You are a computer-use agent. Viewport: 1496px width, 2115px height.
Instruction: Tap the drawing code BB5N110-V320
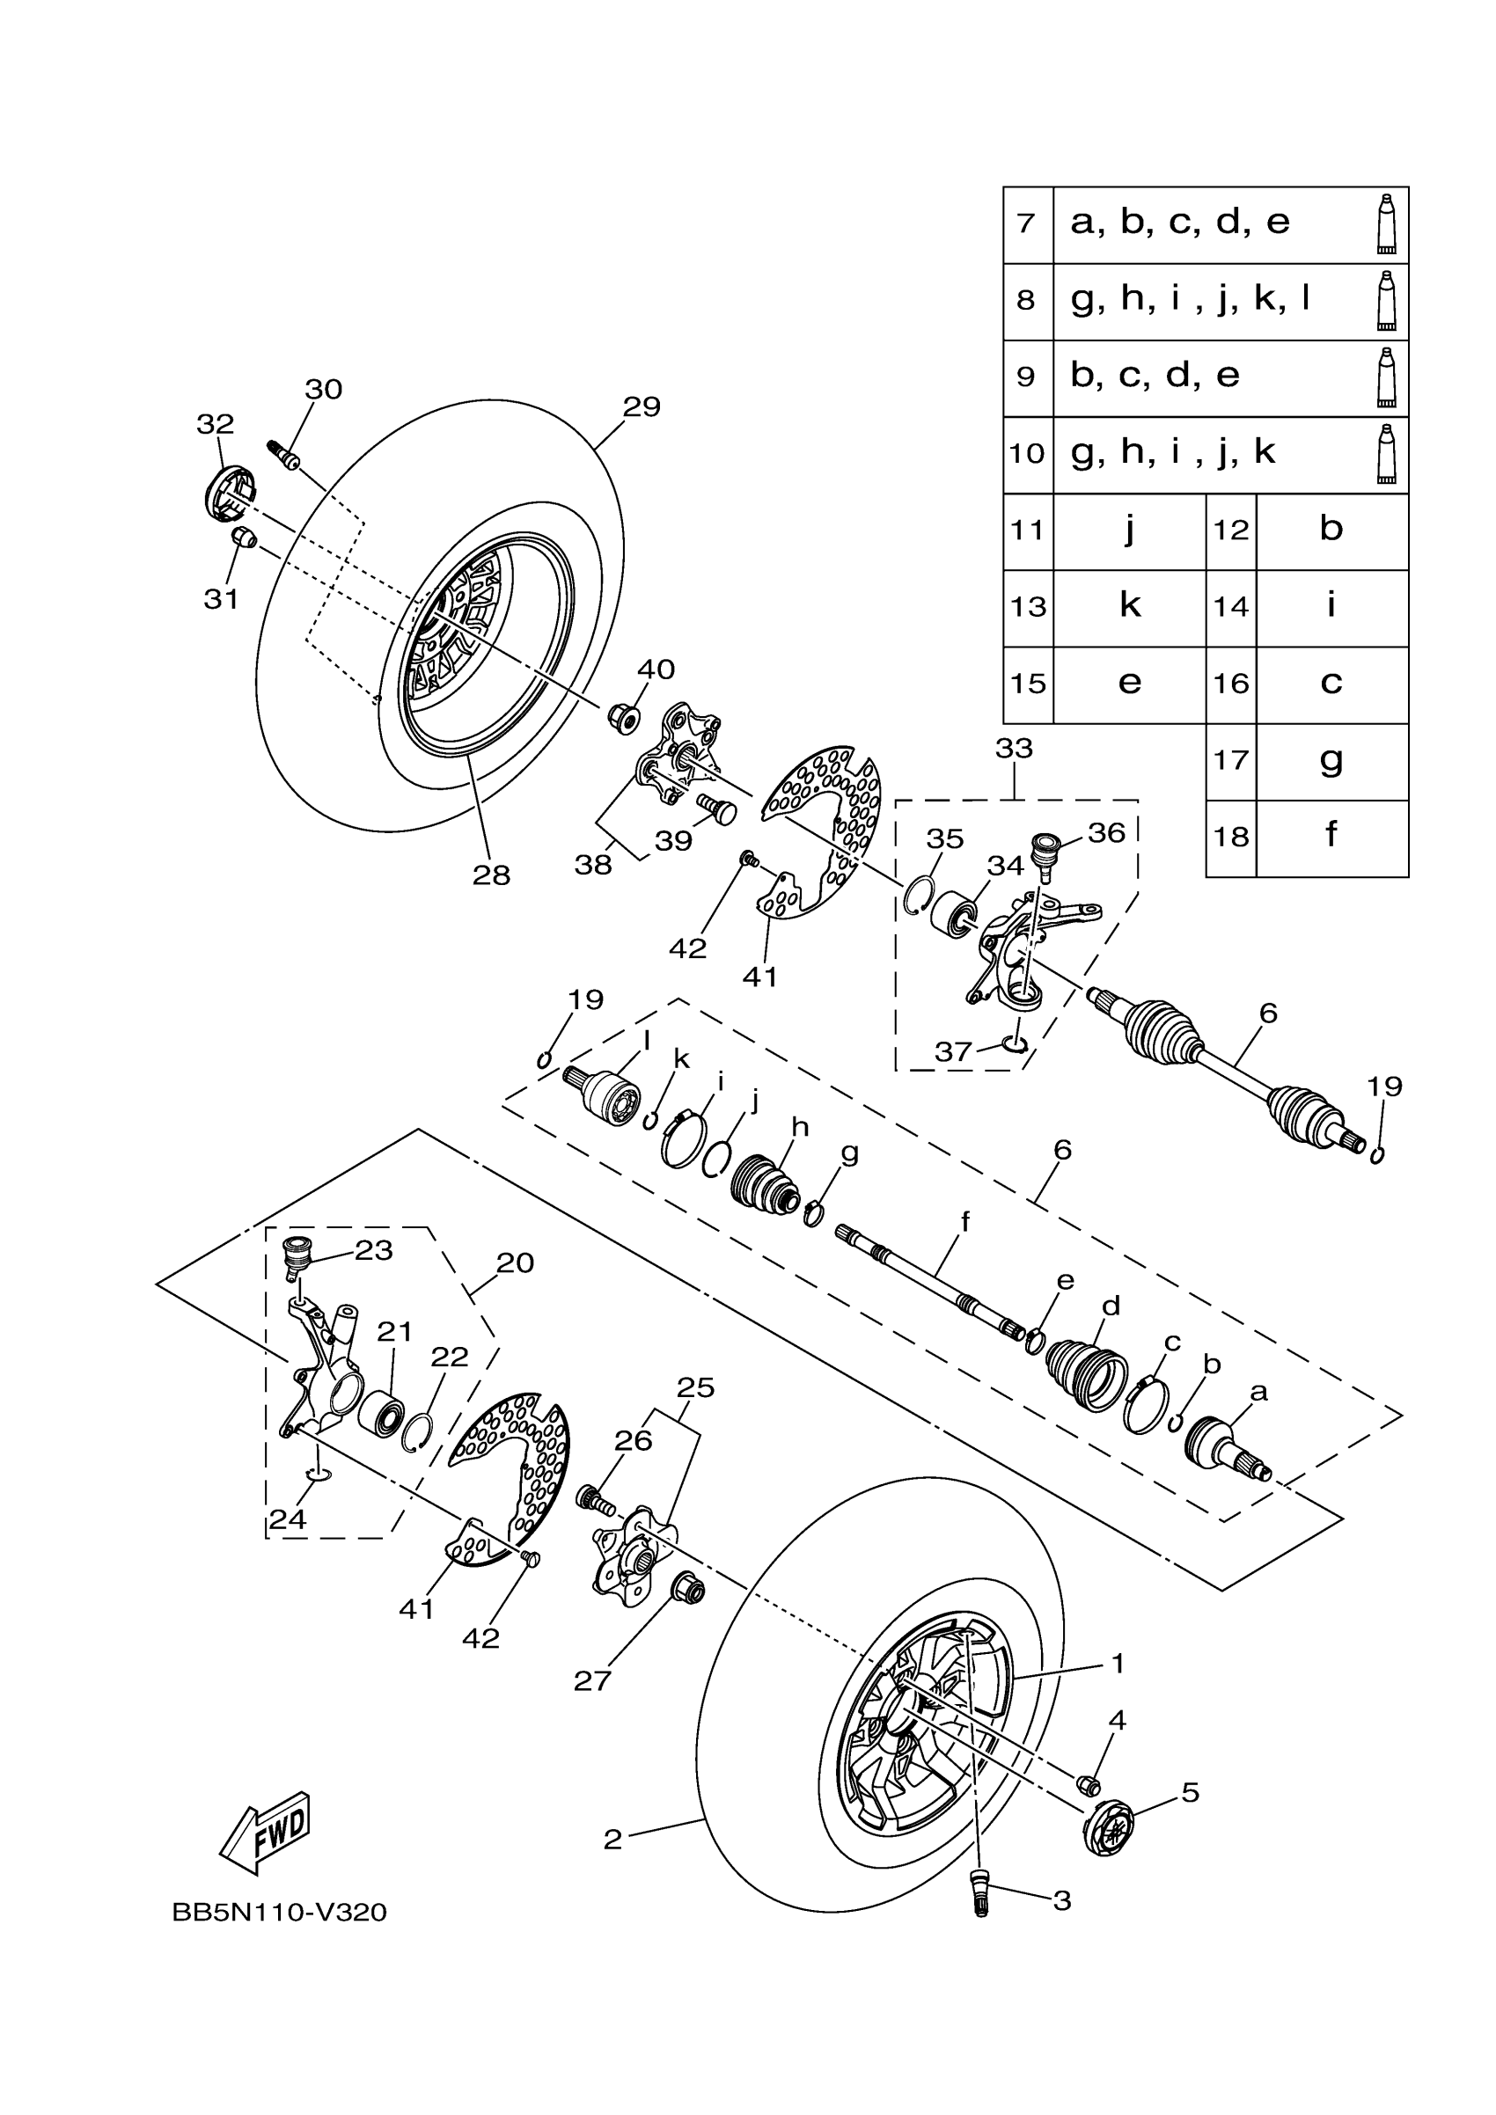[279, 1914]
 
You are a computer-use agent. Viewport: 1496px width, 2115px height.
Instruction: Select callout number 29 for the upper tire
[642, 406]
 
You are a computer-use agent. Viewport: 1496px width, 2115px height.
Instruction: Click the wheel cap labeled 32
[228, 493]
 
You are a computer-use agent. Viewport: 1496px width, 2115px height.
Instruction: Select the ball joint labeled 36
[1045, 850]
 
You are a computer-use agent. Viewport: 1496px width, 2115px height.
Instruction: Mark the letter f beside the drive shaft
[965, 1222]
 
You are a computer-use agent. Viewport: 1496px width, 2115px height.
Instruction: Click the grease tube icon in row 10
[1385, 453]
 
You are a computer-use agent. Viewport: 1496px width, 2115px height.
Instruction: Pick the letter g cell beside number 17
[1331, 761]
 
